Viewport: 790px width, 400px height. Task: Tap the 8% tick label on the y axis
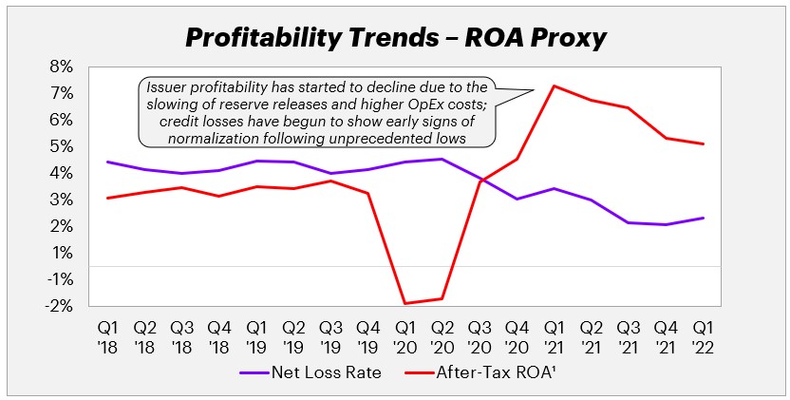coord(60,67)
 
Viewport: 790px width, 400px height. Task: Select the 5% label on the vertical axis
coord(60,146)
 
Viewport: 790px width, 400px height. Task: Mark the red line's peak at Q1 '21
coord(553,86)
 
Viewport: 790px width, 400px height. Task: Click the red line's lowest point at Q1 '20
coord(405,304)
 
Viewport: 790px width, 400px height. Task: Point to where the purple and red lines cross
coord(481,180)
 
